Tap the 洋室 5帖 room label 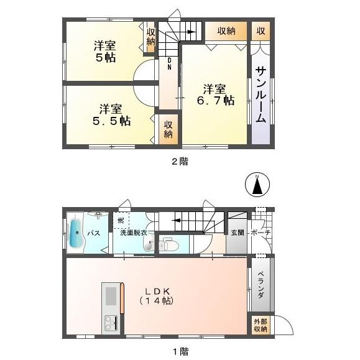[x=105, y=52]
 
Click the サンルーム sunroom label [x=261, y=95]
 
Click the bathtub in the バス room [x=75, y=233]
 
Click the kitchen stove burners [x=111, y=323]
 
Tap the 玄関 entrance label [x=238, y=233]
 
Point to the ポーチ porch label [x=259, y=233]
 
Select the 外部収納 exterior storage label [x=260, y=325]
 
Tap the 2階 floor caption [x=180, y=161]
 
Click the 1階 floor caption [x=180, y=351]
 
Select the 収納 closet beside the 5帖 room [x=150, y=37]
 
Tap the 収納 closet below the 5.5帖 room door [x=168, y=129]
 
